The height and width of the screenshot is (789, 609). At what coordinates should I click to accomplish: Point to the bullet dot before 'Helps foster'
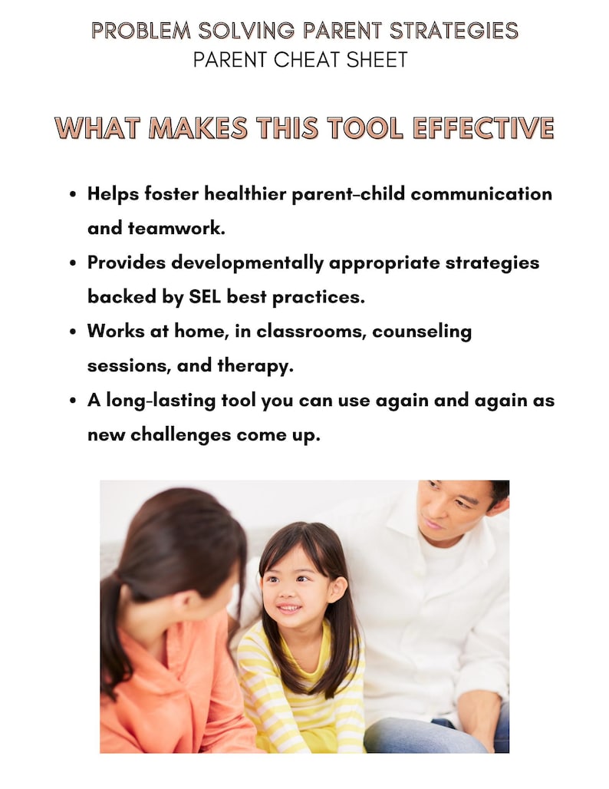(x=73, y=195)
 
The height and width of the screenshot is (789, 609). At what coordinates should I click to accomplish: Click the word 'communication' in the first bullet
(x=481, y=193)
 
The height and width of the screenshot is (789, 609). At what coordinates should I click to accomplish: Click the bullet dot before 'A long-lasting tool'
(x=73, y=401)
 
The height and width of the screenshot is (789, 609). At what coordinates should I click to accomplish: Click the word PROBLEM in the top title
(x=140, y=31)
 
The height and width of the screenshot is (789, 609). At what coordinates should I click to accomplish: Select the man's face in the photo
(x=453, y=510)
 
